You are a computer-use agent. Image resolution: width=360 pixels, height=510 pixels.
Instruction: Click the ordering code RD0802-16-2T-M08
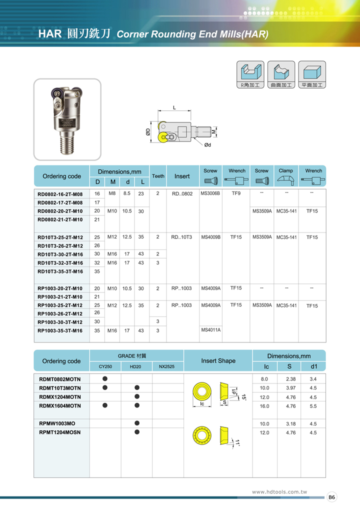click(x=60, y=194)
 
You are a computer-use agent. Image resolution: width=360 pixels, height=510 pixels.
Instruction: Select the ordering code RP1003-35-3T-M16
click(x=60, y=330)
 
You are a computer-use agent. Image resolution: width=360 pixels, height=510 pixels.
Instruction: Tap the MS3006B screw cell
click(x=210, y=193)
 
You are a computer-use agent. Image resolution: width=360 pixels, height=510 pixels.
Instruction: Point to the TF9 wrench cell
click(x=236, y=193)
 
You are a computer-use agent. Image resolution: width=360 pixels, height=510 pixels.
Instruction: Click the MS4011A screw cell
click(x=210, y=329)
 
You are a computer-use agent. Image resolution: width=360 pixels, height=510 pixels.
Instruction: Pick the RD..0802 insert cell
click(x=182, y=194)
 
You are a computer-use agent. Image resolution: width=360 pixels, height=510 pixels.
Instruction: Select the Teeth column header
click(x=158, y=176)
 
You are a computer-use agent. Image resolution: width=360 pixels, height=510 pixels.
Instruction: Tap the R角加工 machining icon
click(x=250, y=75)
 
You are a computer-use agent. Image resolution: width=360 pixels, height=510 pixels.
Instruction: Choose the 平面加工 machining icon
click(x=312, y=75)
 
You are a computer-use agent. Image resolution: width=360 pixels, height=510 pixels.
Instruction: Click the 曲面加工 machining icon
click(x=281, y=75)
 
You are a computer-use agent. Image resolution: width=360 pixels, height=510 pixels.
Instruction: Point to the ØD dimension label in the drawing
click(x=148, y=132)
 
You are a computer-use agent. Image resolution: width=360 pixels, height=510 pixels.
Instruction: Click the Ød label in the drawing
click(x=207, y=145)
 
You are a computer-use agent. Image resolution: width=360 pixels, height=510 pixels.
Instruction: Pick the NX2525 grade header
click(x=166, y=366)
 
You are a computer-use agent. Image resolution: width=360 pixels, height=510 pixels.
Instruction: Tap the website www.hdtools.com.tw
click(x=278, y=492)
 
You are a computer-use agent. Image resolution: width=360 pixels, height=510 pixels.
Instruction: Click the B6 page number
click(x=332, y=497)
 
